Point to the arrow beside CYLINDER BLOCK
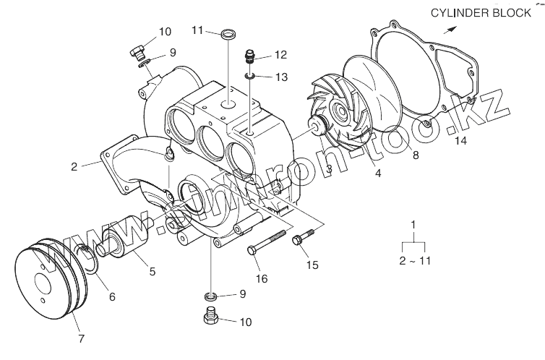tap(451, 29)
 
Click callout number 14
tap(461, 141)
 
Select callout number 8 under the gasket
tap(414, 154)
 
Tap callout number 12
tap(281, 54)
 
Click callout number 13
tap(281, 77)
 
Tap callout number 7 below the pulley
tap(81, 337)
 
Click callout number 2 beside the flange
tap(74, 166)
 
